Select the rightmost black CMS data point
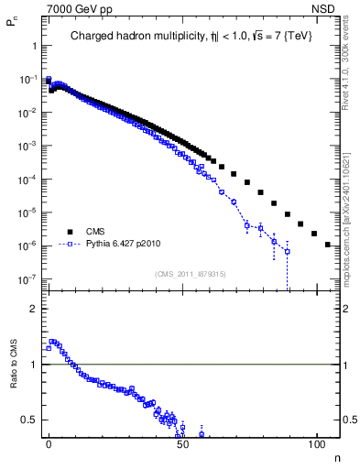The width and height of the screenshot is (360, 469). tap(328, 245)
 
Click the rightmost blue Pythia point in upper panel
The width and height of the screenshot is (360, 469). tap(288, 251)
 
